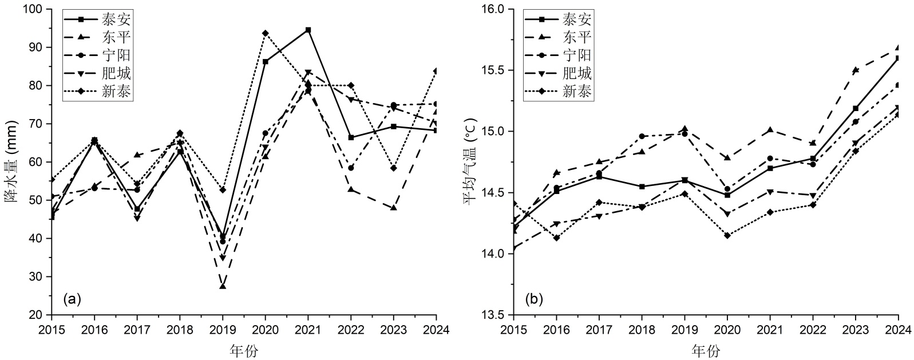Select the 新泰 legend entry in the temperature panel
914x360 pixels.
(x=577, y=91)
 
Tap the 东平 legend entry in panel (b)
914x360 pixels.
(x=577, y=37)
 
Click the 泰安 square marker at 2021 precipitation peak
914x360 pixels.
(x=308, y=30)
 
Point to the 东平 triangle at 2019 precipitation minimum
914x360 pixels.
(x=223, y=286)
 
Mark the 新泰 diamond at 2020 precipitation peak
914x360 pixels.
(x=265, y=33)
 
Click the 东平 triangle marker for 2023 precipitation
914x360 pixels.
(x=394, y=208)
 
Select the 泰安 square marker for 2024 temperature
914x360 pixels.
(x=898, y=58)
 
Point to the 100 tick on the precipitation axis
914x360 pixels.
(x=35, y=10)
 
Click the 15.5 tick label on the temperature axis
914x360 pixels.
(x=495, y=70)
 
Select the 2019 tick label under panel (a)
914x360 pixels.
(x=223, y=330)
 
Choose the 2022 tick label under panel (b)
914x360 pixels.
(x=813, y=330)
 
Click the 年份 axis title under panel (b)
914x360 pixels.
(x=705, y=350)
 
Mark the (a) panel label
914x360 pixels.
(x=72, y=298)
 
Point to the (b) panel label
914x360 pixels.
(x=535, y=298)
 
